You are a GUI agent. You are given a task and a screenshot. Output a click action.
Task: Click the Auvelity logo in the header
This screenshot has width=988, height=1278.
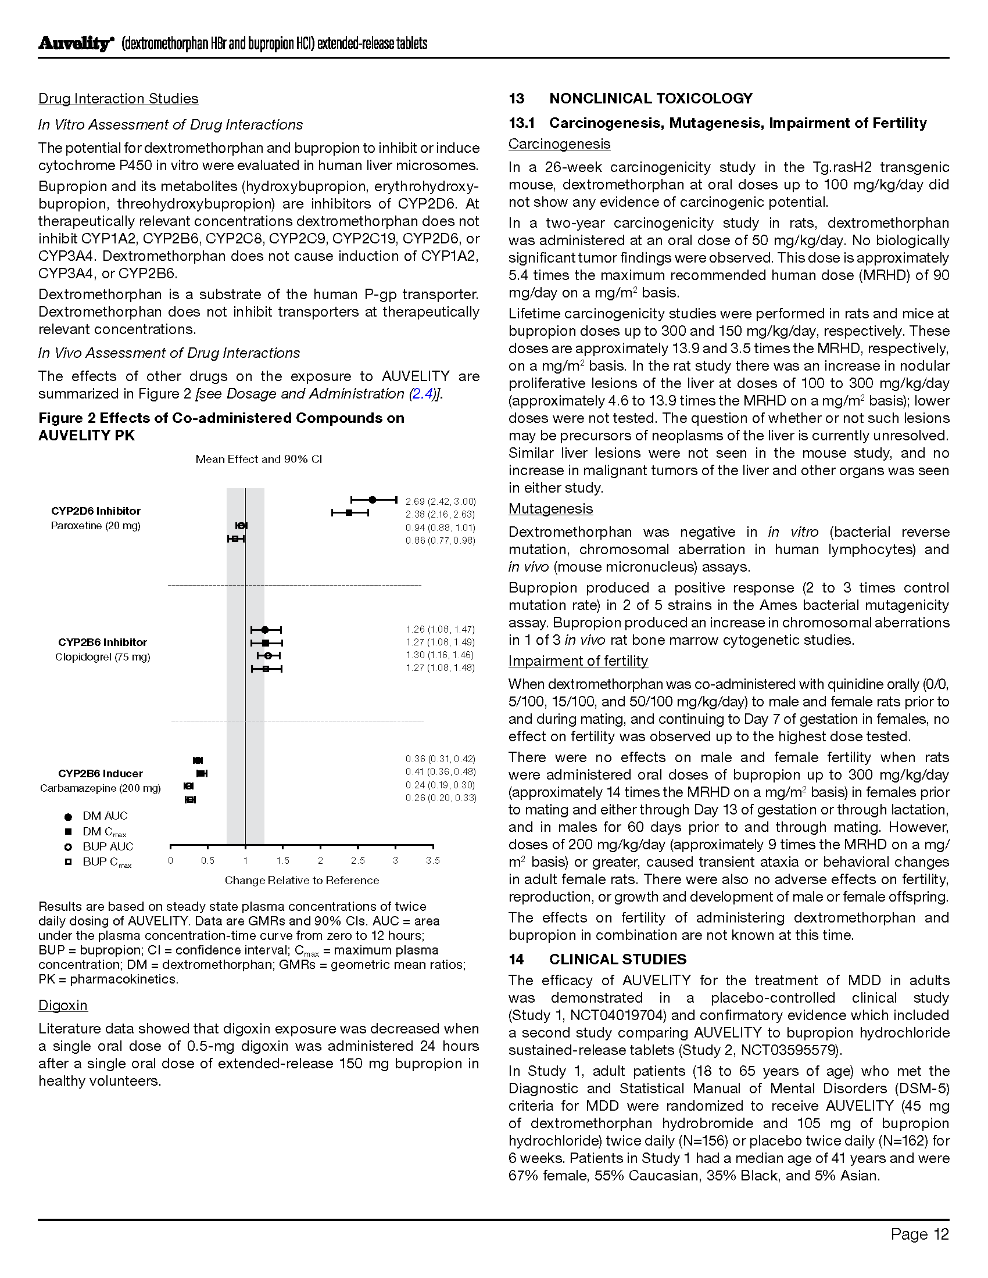tap(75, 44)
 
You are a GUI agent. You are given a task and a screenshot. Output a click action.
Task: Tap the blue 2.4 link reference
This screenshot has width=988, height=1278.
tap(422, 394)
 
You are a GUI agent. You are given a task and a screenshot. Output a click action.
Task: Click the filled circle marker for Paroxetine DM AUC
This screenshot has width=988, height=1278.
tap(373, 500)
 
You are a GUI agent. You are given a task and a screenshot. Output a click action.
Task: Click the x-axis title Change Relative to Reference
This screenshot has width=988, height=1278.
tap(302, 880)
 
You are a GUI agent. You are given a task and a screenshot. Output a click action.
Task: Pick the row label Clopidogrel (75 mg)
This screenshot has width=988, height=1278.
tap(102, 656)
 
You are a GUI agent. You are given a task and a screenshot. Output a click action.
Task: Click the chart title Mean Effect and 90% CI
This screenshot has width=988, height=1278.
tap(259, 459)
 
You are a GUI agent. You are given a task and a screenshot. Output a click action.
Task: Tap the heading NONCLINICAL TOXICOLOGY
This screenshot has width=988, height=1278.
tap(650, 98)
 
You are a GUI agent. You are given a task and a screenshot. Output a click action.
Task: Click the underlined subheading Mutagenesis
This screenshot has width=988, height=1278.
tap(550, 508)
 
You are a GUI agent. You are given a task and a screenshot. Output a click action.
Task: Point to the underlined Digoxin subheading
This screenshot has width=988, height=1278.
tap(63, 1006)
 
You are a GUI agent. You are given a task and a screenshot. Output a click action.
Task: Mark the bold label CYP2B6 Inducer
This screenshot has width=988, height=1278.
tap(100, 773)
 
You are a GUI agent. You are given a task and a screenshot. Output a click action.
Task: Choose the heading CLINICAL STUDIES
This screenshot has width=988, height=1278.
tap(617, 959)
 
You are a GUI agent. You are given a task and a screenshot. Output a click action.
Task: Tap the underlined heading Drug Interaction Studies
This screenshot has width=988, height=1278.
tap(118, 98)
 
